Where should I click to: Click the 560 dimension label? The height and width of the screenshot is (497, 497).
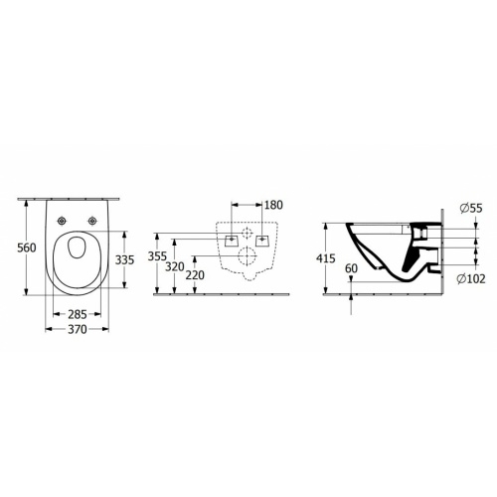click(x=27, y=248)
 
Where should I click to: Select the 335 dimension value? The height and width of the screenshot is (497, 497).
click(x=124, y=260)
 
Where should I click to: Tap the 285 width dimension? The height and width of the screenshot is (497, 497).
click(x=78, y=314)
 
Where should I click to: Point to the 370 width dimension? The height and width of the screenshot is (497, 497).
click(x=78, y=329)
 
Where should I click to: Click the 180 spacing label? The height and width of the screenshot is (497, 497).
click(x=273, y=205)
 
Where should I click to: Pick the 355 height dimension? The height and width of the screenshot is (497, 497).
click(x=157, y=256)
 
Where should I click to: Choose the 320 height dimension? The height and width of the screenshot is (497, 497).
click(x=175, y=266)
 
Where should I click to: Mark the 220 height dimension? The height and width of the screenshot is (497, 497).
click(x=195, y=275)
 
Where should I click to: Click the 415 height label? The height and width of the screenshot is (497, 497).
click(x=326, y=258)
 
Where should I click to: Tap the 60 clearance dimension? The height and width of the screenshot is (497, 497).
click(x=351, y=268)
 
